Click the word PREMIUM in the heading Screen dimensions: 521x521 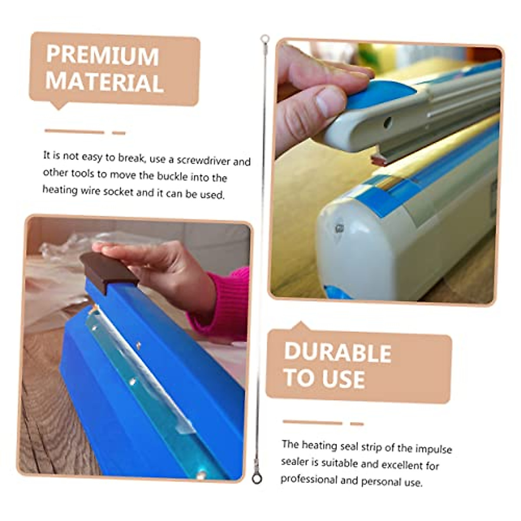point(102,56)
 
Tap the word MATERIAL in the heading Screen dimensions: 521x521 point(105,82)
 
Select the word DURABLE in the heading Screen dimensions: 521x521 point(337,353)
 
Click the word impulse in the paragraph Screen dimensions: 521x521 point(433,448)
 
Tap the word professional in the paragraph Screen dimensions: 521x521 point(308,479)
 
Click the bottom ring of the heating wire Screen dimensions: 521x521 point(257,478)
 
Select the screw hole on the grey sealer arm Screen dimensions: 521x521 point(387,123)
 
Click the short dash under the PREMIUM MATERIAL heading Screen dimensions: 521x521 point(119,133)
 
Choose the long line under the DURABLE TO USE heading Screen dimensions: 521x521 point(312,422)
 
